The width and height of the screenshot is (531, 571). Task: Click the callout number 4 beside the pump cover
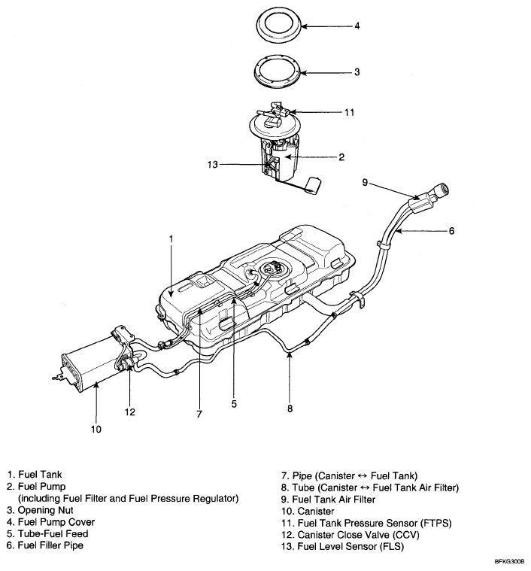[x=357, y=26]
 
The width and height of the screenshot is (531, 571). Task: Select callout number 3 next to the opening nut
[x=357, y=72]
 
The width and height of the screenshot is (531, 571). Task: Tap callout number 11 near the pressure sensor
[x=349, y=113]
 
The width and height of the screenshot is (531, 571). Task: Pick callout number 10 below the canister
[x=96, y=430]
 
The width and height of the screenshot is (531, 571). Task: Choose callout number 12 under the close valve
[x=130, y=412]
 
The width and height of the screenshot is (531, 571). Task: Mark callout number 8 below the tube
[x=290, y=409]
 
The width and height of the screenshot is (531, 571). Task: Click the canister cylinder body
[x=86, y=362]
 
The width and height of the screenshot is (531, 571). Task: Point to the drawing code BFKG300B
[x=509, y=562]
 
